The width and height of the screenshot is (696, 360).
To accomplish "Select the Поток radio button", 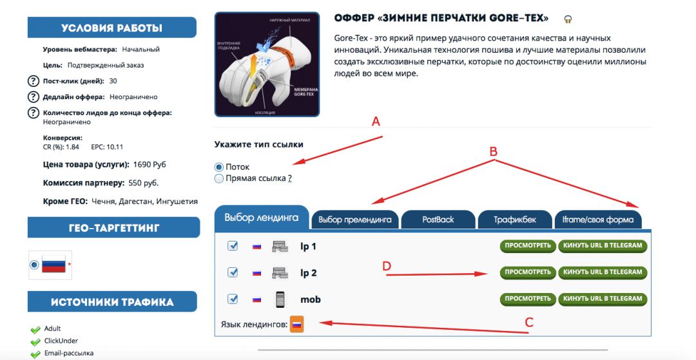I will (x=219, y=167).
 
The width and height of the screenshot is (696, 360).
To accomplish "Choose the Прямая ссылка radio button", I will (x=219, y=178).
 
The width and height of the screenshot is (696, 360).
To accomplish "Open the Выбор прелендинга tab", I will (x=354, y=220).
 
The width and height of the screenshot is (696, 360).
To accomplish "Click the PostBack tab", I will (x=438, y=220).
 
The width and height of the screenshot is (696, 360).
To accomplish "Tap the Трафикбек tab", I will (x=514, y=220).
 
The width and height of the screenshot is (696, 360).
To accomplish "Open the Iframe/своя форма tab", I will (x=598, y=220).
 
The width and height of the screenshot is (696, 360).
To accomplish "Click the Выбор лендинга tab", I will (x=262, y=218).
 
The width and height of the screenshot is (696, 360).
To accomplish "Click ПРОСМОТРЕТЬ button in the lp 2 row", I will (x=527, y=272).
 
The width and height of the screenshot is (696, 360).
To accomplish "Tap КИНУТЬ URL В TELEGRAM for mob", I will (x=603, y=299).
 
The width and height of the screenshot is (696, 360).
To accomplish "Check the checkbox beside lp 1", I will (x=233, y=246).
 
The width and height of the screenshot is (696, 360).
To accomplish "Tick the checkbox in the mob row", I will (x=233, y=299).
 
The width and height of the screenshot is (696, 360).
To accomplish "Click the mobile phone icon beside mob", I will (x=280, y=299).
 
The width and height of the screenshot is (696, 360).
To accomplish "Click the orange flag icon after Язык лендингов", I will (x=296, y=325).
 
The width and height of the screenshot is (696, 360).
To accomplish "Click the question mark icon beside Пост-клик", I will (x=33, y=81).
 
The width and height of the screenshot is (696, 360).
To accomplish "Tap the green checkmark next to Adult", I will (x=35, y=329).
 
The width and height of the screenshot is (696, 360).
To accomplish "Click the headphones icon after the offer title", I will (x=568, y=19).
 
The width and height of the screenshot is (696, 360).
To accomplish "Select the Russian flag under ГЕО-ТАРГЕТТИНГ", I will (x=53, y=264).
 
